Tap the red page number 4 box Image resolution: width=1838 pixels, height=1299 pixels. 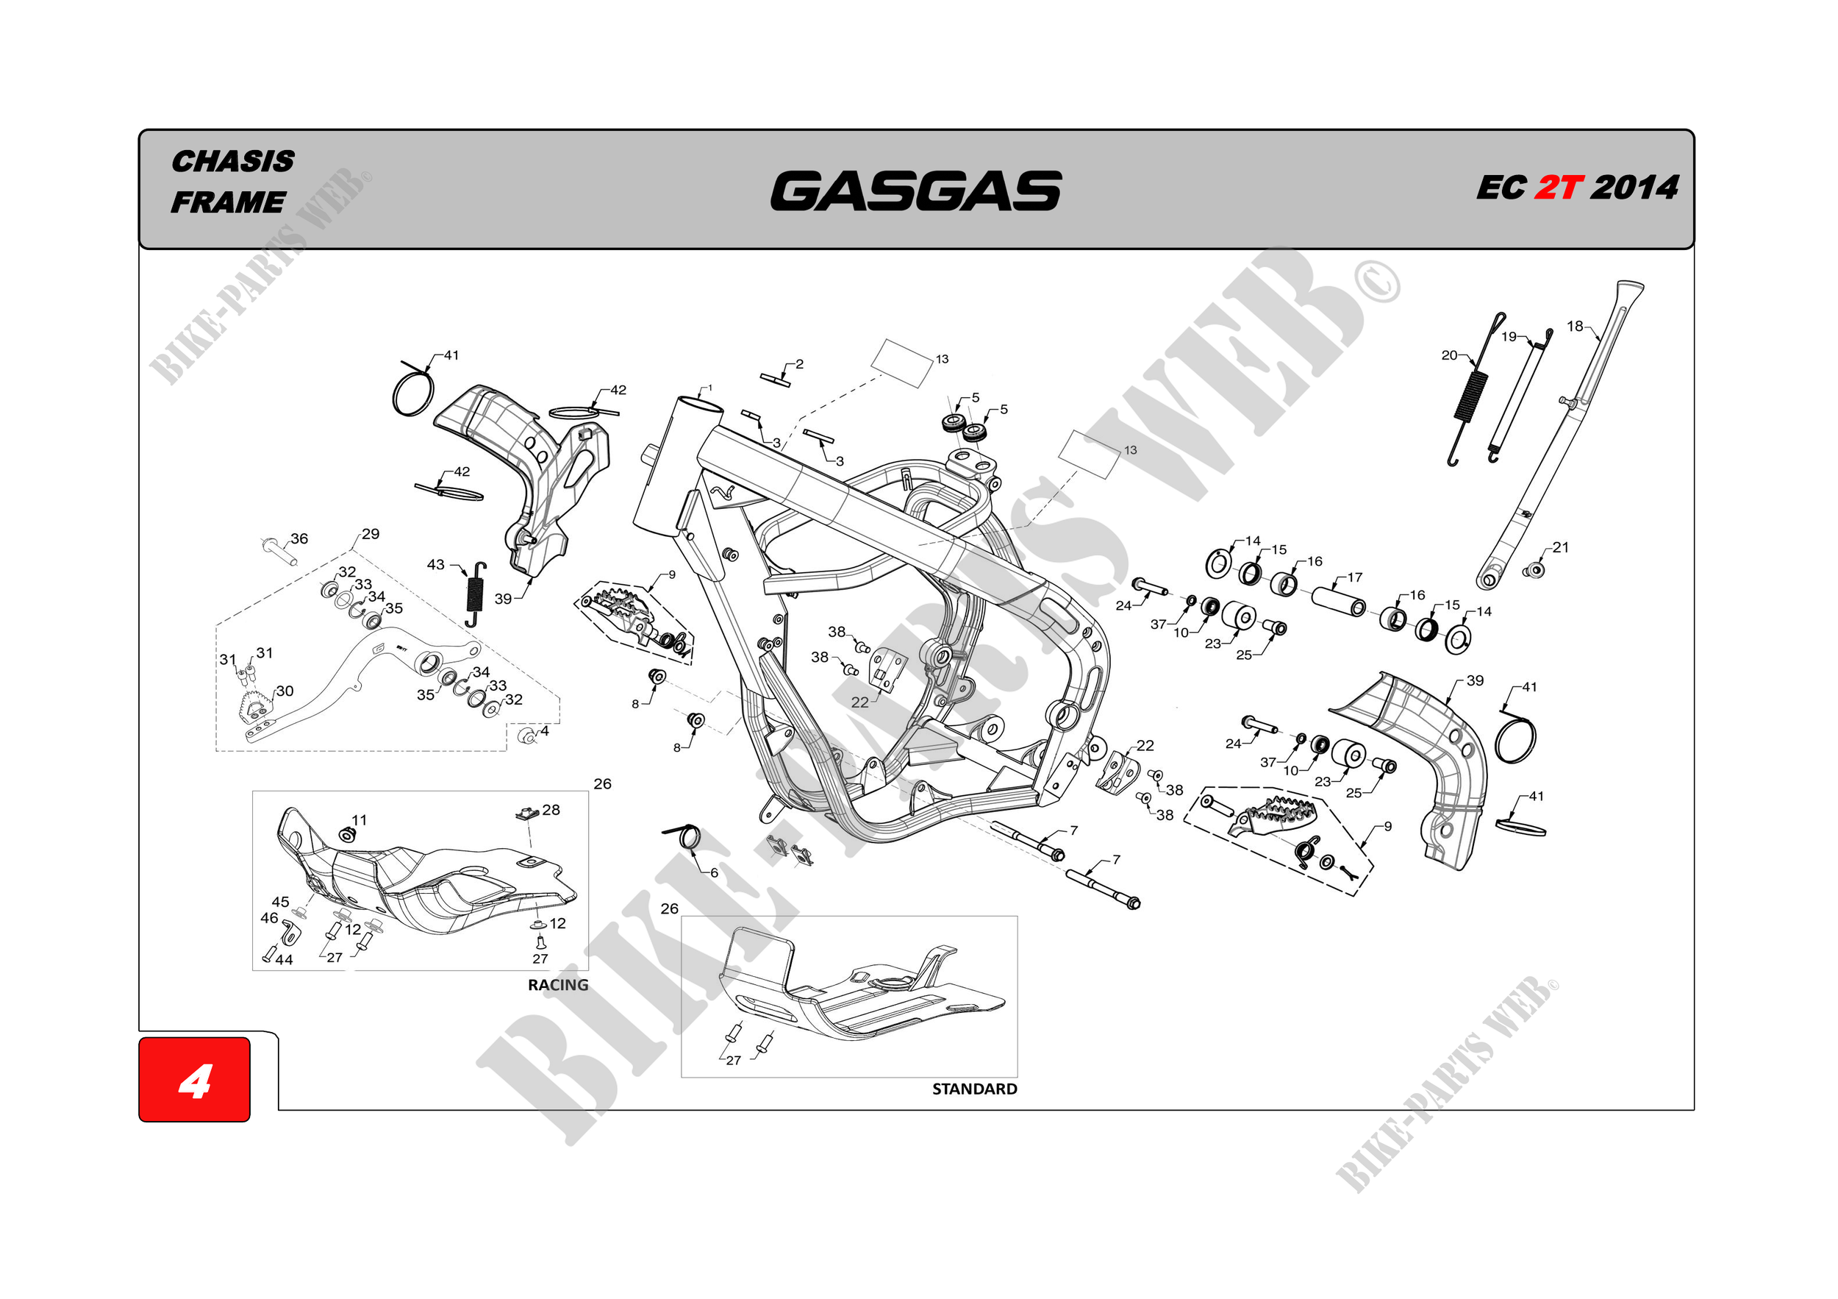click(x=195, y=1079)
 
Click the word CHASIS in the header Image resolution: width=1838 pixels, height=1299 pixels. click(x=233, y=161)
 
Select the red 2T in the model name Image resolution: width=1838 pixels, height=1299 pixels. click(x=1558, y=188)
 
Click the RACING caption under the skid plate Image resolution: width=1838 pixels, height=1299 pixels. click(x=557, y=985)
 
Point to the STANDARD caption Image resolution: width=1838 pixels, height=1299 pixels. click(x=974, y=1089)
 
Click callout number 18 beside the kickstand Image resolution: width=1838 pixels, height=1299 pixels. click(x=1575, y=326)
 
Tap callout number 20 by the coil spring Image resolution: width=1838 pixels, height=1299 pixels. click(x=1449, y=355)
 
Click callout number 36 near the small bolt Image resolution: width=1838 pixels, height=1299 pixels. click(x=299, y=538)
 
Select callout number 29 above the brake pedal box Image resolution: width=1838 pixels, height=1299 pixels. click(x=371, y=533)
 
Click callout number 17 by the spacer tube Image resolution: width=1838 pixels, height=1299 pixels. click(x=1354, y=577)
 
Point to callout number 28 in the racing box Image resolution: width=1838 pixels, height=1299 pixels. click(x=551, y=810)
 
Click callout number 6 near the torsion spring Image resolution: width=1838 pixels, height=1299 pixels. click(x=714, y=872)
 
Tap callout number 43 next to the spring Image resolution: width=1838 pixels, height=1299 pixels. click(x=435, y=564)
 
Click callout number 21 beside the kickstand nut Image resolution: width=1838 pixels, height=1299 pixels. click(x=1560, y=547)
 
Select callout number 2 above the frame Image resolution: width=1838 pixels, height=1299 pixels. click(x=799, y=363)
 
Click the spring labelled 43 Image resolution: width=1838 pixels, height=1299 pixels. click(x=476, y=594)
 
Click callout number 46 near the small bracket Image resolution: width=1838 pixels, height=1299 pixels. click(x=269, y=918)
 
